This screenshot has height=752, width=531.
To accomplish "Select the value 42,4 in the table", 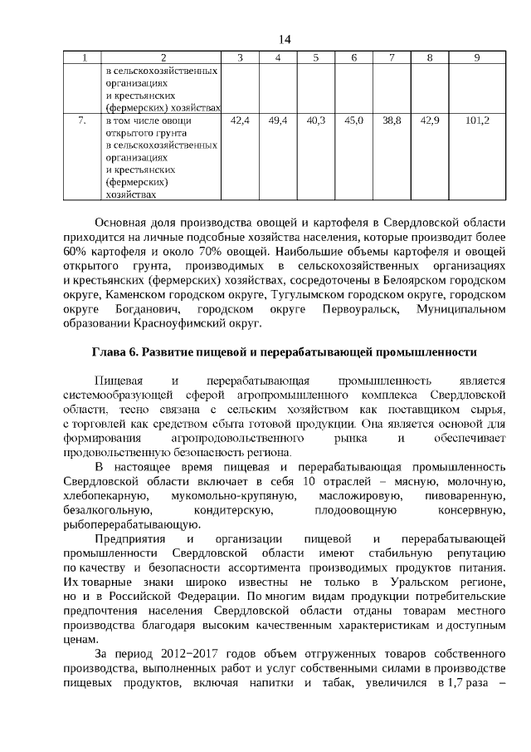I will tap(240, 120).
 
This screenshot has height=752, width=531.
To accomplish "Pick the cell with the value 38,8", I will tap(392, 120).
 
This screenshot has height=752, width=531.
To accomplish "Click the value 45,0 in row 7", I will tap(353, 120).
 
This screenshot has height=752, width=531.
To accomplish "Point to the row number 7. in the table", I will tap(82, 120).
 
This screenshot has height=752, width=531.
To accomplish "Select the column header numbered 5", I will tap(316, 57).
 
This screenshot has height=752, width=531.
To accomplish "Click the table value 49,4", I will tap(278, 120).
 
